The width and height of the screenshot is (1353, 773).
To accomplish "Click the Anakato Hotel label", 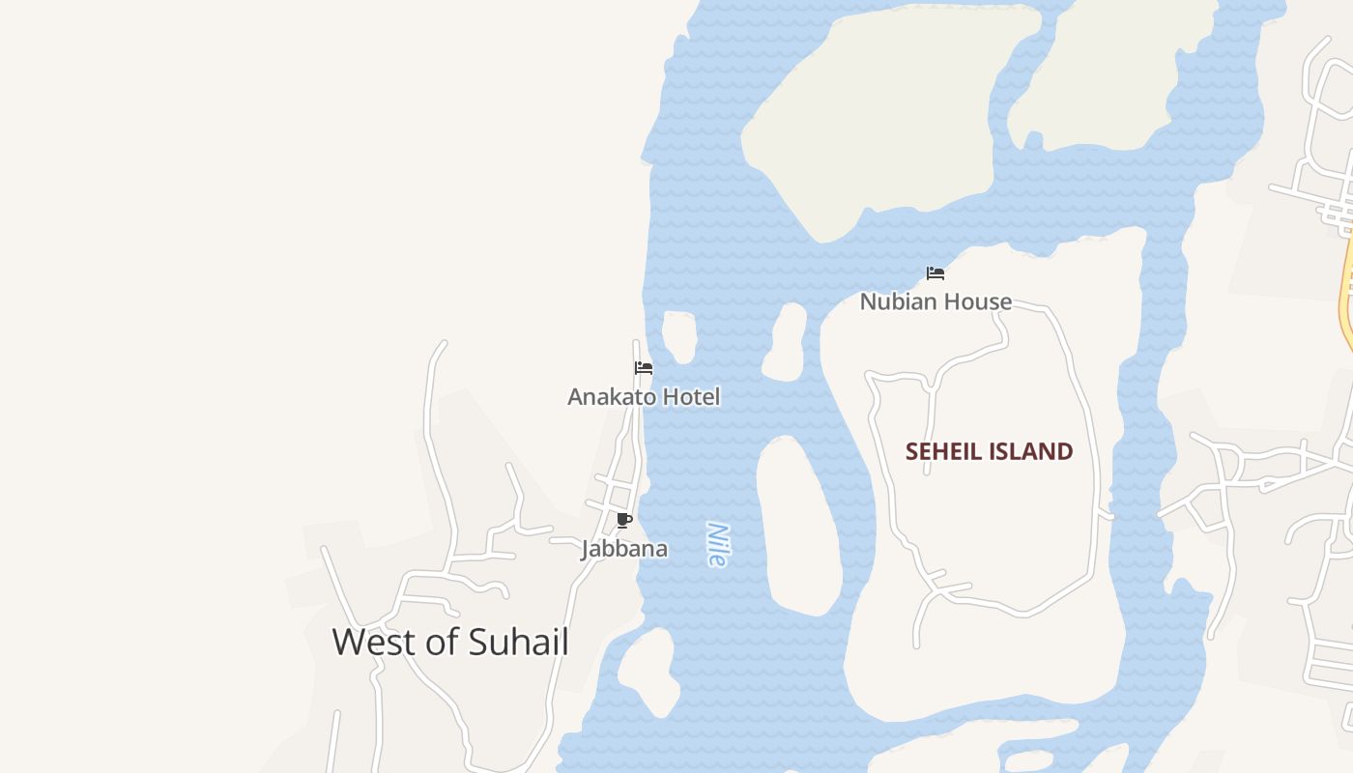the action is coord(644,397).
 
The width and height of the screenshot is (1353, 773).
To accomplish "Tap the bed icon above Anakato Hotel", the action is coord(644,368).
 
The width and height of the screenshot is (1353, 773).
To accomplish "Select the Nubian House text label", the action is coord(936,301).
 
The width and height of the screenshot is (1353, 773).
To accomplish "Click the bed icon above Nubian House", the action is coord(935,273).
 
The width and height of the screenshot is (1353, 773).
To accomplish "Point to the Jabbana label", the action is coord(624,549).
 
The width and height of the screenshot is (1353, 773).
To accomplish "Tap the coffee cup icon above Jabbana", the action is coord(624,521).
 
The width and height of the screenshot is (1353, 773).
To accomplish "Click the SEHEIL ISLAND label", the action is coord(989,451).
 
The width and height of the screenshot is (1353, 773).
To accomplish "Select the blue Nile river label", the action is coord(717,545).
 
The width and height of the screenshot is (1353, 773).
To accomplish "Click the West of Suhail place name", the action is coord(450,643).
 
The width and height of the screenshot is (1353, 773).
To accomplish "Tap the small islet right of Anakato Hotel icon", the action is coord(679,335).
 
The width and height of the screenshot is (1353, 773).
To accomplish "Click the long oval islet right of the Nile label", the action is coord(798,527).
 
